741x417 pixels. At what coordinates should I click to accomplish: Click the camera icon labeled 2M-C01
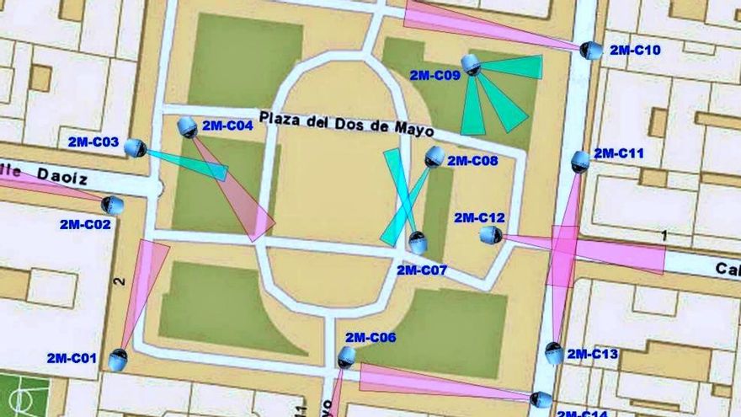[118, 360]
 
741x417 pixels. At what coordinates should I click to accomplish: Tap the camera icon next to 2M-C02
[112, 205]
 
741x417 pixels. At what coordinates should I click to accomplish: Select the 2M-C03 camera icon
[136, 148]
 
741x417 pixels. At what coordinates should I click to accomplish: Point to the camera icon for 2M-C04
[187, 127]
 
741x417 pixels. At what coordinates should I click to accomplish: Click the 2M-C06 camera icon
[346, 357]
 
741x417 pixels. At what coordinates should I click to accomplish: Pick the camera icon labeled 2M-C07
[418, 243]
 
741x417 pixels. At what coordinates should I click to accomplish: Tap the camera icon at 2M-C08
[434, 156]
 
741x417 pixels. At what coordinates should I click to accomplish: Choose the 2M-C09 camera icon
[471, 64]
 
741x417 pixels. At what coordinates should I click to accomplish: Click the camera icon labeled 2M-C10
[592, 51]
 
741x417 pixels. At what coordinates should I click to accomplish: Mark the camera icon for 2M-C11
[580, 161]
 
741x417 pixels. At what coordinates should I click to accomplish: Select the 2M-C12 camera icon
[491, 236]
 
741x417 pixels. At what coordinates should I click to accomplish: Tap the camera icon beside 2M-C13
[554, 353]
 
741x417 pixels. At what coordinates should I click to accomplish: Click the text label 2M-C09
[434, 75]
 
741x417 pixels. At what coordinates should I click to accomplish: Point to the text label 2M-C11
[619, 153]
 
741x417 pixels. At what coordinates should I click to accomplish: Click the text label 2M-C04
[227, 126]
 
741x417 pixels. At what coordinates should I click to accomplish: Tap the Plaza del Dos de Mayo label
[346, 123]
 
